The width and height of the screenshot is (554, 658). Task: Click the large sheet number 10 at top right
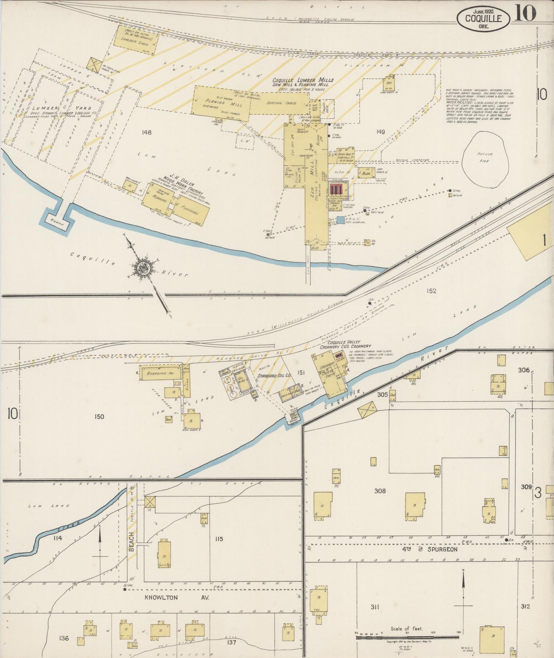(525, 14)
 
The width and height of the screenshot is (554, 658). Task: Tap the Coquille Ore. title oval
(483, 18)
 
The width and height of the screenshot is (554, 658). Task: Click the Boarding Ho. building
(160, 373)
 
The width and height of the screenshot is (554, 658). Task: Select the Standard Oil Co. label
(274, 375)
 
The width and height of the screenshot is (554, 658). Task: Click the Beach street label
(132, 542)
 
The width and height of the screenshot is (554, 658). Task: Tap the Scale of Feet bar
(407, 638)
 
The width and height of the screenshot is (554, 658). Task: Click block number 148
(146, 132)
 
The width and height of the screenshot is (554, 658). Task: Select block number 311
(375, 607)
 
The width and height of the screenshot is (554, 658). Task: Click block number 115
(219, 539)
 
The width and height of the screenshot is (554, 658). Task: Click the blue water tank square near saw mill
(340, 220)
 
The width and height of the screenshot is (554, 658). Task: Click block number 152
(431, 291)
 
